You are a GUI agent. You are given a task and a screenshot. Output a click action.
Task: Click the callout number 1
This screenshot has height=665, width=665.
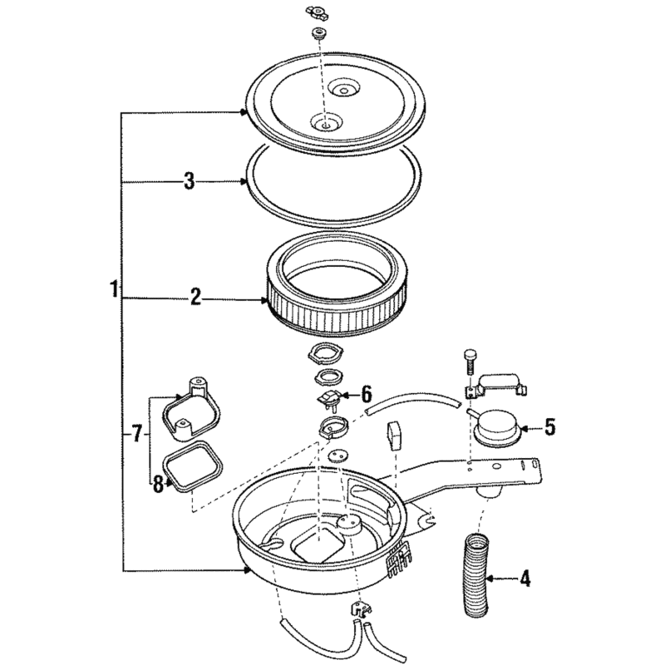[x=114, y=288]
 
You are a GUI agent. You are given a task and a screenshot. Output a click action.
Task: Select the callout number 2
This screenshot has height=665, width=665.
[x=195, y=297]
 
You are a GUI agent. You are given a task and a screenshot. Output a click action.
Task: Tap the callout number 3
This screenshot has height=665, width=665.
[x=190, y=181]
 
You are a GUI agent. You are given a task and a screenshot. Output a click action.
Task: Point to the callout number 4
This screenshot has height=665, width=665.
[x=525, y=578]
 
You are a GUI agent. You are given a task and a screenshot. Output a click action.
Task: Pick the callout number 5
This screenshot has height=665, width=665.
[x=549, y=427]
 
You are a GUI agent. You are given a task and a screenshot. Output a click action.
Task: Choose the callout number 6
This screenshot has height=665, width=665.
[x=366, y=394]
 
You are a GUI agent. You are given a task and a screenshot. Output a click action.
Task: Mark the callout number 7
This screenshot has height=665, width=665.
[x=136, y=434]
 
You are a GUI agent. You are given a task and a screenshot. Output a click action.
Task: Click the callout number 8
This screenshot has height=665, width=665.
[x=158, y=485]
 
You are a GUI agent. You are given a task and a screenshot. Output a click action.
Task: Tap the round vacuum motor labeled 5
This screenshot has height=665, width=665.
[x=497, y=427]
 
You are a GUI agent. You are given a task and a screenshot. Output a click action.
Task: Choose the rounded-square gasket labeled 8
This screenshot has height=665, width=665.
[x=193, y=466]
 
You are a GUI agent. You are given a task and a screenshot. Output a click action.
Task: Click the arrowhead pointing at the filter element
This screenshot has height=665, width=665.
[x=264, y=301]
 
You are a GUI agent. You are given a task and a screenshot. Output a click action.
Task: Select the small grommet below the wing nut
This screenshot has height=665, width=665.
[x=318, y=33]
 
